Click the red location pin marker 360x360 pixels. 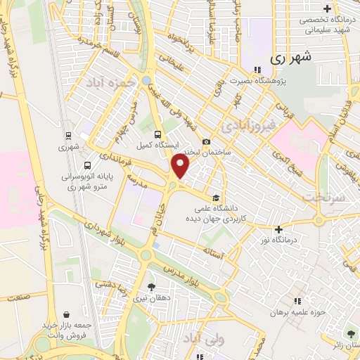click(181, 167)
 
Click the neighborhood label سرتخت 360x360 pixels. click(325, 198)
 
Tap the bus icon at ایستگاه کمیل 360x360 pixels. click(157, 134)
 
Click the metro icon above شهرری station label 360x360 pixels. click(67, 135)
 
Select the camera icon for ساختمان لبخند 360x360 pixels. click(207, 141)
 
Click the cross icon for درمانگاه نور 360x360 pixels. click(279, 229)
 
